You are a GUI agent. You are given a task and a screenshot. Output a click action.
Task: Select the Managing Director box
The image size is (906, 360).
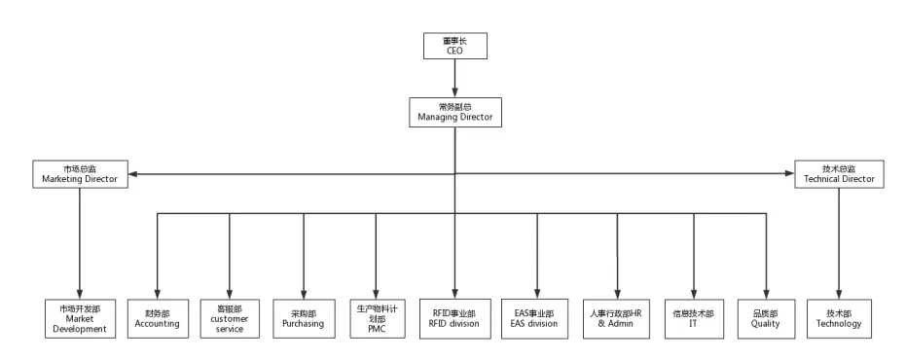[454, 112]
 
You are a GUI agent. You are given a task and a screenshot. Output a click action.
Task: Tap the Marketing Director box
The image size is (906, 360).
[81, 173]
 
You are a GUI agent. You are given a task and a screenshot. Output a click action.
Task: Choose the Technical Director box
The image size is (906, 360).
[839, 173]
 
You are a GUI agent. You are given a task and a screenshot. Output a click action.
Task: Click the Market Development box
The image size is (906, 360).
[81, 318]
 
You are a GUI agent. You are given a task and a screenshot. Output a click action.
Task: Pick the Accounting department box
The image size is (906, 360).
[157, 318]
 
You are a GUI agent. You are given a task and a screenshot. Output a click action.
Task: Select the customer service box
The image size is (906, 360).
[230, 318]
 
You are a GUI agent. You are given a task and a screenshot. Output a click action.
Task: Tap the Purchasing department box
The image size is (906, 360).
[304, 318]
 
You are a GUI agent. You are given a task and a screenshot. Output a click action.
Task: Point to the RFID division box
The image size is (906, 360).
[454, 318]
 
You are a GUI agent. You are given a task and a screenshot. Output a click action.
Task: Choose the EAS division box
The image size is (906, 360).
[534, 318]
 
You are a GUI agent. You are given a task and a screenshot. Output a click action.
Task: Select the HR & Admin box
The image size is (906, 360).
[615, 318]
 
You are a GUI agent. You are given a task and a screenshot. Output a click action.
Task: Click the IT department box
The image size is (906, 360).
[693, 318]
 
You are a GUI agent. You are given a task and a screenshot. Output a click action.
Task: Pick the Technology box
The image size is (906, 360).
[839, 318]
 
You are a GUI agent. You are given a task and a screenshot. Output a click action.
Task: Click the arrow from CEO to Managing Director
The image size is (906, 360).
[454, 78]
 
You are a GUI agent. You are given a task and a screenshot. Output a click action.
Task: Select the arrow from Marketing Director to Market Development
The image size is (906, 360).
[81, 243]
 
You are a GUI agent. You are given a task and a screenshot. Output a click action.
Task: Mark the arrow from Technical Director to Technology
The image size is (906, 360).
[839, 243]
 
